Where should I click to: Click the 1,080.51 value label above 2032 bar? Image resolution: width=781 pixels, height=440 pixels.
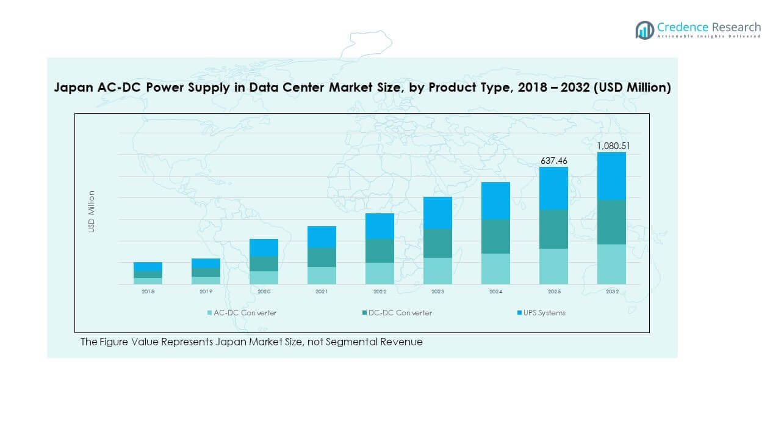coord(611,146)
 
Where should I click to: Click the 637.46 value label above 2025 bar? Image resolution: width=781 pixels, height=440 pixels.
coord(553,161)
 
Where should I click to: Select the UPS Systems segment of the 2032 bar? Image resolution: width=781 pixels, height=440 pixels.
coord(611,175)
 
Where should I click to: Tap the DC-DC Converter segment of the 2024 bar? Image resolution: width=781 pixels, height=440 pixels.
coord(495,236)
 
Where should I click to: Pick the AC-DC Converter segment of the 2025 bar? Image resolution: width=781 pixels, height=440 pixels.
coord(553,266)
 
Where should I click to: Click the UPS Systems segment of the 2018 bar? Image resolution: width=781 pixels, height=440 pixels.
coord(148,266)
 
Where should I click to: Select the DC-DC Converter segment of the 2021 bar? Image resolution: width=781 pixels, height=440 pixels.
coord(322,257)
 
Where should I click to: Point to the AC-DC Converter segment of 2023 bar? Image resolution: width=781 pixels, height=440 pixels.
coord(437,271)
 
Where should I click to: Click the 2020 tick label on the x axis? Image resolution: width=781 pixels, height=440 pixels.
coord(264,292)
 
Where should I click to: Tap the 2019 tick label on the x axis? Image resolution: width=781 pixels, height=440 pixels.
coord(206,292)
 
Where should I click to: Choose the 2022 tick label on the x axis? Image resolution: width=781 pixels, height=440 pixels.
coord(380,292)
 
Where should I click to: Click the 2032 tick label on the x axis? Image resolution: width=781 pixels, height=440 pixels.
coord(611,292)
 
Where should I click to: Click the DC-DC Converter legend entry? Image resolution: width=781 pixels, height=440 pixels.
coord(400,313)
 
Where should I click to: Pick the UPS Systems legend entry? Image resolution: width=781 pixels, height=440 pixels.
coord(544,313)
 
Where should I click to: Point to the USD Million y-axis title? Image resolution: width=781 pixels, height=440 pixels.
coord(92,211)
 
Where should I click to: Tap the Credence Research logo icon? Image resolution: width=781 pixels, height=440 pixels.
coord(644,30)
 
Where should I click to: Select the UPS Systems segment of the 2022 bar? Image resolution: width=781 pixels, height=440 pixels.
coord(380,226)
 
